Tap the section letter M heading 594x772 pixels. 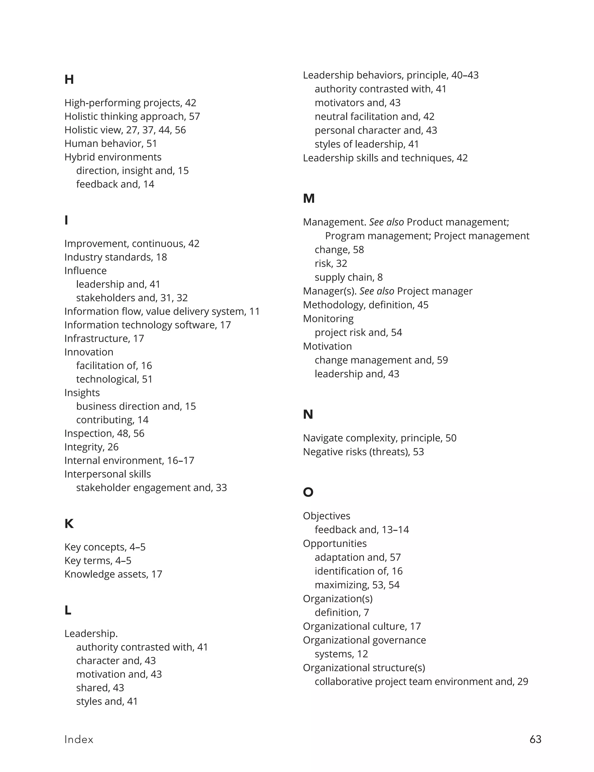308,199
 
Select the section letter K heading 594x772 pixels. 69,523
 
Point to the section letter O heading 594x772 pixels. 308,492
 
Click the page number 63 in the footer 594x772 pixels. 535,739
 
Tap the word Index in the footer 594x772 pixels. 79,739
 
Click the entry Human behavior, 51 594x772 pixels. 111,143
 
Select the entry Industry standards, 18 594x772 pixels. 115,257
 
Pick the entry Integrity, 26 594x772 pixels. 91,447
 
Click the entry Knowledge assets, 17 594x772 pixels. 113,574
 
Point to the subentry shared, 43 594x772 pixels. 100,688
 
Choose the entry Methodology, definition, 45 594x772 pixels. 365,305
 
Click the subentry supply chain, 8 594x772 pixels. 349,277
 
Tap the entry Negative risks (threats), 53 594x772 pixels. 363,452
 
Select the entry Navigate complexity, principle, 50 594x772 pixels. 380,438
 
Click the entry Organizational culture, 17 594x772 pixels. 362,626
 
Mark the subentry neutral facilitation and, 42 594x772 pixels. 374,116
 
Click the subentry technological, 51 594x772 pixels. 114,379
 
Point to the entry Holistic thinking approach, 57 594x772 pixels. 132,116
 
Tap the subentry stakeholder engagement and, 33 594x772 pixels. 151,487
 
